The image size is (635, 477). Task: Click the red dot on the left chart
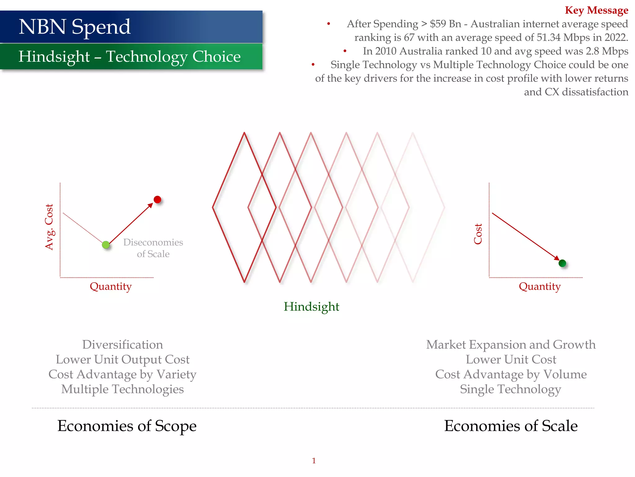[158, 199]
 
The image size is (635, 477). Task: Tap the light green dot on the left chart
[106, 245]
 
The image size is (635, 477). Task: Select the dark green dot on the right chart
[562, 263]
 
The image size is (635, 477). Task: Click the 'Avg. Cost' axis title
[49, 227]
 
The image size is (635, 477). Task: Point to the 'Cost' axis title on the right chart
[478, 234]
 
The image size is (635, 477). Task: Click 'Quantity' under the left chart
[111, 286]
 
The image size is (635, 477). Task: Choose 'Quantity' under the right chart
[540, 286]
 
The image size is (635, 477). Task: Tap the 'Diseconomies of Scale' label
[153, 248]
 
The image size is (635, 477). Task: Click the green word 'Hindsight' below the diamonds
[311, 307]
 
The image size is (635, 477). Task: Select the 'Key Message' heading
[596, 10]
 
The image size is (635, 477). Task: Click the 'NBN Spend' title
[75, 27]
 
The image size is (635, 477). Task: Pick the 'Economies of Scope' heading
[127, 426]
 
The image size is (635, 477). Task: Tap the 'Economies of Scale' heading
[511, 426]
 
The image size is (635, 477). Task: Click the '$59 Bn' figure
[445, 24]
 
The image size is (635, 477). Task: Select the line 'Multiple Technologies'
[122, 389]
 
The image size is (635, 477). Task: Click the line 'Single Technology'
[510, 389]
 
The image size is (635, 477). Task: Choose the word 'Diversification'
[122, 344]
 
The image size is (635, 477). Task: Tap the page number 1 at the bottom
[314, 461]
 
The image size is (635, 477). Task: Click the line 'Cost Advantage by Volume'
[511, 374]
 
